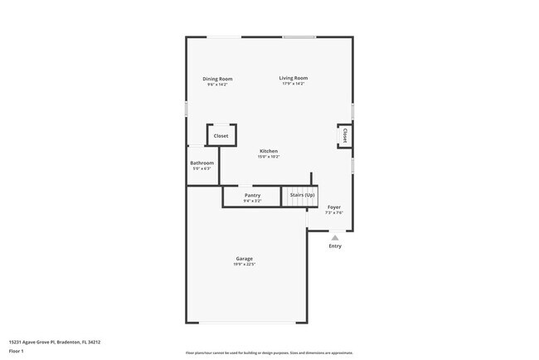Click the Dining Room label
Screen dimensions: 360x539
point(217,79)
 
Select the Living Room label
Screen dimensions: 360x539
point(293,78)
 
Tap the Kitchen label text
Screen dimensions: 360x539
point(268,151)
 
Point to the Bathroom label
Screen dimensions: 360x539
point(202,163)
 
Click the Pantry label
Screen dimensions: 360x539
point(252,195)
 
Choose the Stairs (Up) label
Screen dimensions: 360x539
point(302,195)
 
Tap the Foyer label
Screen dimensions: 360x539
point(333,207)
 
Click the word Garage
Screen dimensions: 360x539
point(243,259)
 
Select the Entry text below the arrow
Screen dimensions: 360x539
point(335,246)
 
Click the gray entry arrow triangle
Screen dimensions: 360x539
point(335,237)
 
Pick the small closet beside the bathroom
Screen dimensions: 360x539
point(221,135)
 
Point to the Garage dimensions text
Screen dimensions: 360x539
point(243,265)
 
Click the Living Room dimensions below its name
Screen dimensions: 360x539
point(293,84)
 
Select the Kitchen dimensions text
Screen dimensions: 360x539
point(268,157)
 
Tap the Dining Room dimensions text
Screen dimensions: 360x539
point(217,85)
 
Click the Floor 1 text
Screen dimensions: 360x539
point(17,350)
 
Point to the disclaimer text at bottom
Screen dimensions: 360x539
point(269,353)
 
